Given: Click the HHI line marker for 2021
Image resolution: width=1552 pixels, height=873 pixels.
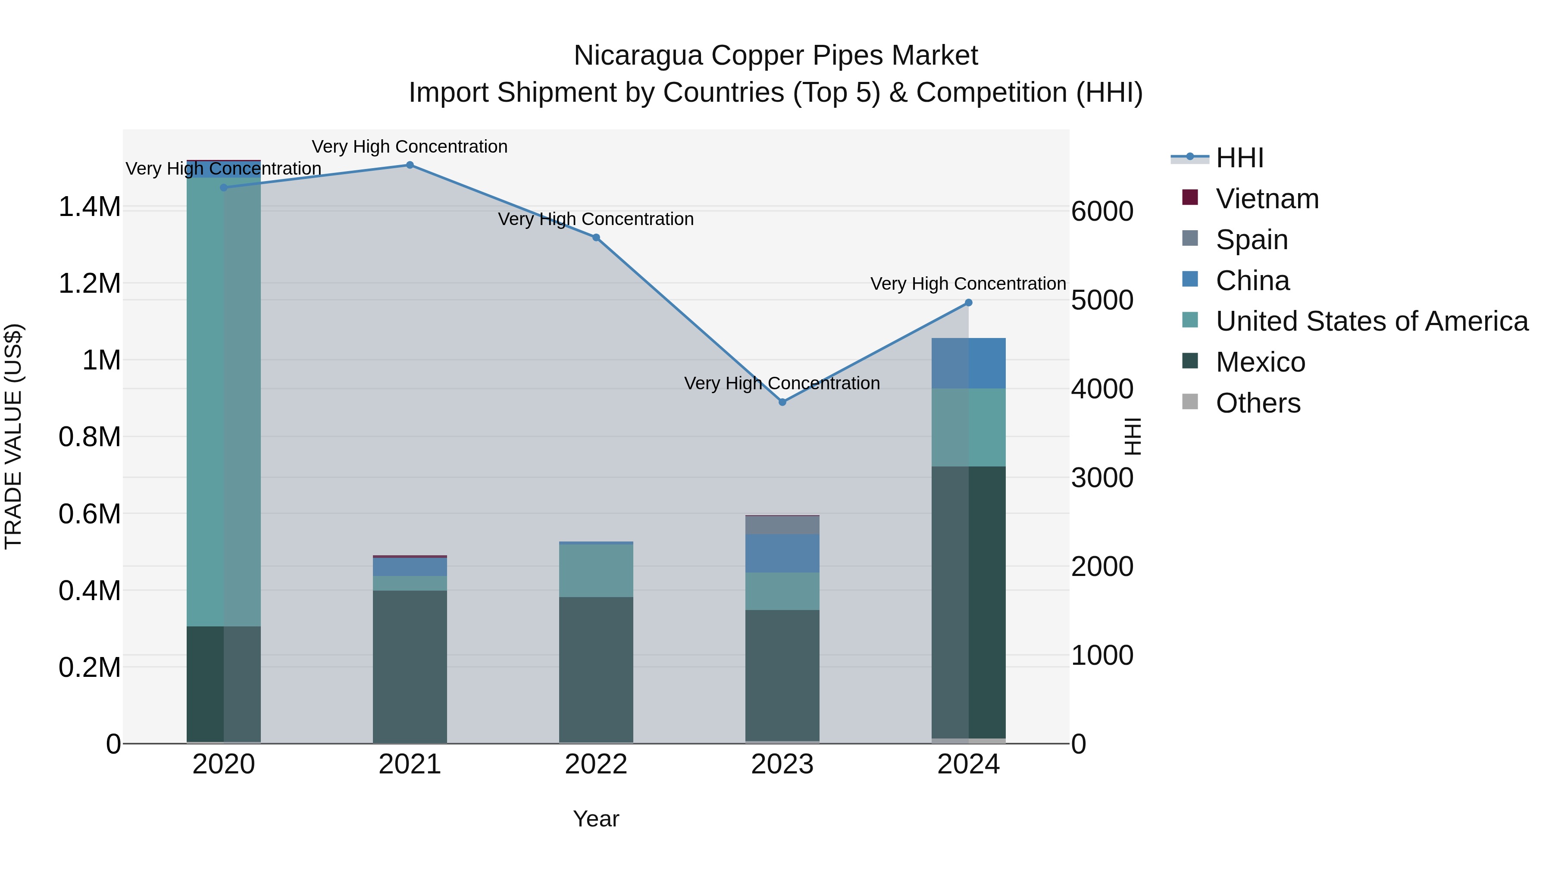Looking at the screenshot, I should (x=410, y=165).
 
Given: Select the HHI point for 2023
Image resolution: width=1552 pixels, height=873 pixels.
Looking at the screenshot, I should (x=782, y=402).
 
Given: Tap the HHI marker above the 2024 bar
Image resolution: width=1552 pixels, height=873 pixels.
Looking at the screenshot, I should (x=968, y=303).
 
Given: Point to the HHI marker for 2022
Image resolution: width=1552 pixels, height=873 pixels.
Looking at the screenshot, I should (x=596, y=238).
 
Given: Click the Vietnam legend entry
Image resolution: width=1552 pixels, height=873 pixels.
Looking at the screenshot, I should (x=1267, y=199).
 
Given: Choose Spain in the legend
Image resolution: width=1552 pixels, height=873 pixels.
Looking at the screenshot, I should (x=1252, y=240).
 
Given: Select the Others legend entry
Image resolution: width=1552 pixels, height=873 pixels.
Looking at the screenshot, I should (x=1258, y=403).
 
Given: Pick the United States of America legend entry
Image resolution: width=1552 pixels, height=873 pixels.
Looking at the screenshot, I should (x=1371, y=321).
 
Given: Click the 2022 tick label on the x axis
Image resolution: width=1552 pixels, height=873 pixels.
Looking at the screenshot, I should (x=596, y=764).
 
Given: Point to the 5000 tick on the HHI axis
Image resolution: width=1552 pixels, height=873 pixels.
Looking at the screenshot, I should (x=1102, y=300).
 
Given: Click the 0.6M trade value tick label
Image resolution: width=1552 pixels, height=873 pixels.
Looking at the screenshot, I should (x=90, y=514).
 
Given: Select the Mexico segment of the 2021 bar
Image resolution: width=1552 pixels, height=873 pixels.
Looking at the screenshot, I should (x=410, y=666).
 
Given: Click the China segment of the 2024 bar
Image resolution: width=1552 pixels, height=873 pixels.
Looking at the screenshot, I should (x=968, y=363).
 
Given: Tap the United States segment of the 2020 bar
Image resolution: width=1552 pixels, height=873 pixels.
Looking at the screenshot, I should (x=223, y=401).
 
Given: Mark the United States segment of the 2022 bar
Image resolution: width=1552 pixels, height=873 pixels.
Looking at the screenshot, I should (x=596, y=570).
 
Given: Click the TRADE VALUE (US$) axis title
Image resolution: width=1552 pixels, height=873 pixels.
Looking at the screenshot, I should (x=13, y=436).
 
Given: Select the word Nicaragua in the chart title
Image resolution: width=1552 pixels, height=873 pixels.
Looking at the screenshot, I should (x=638, y=56).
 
